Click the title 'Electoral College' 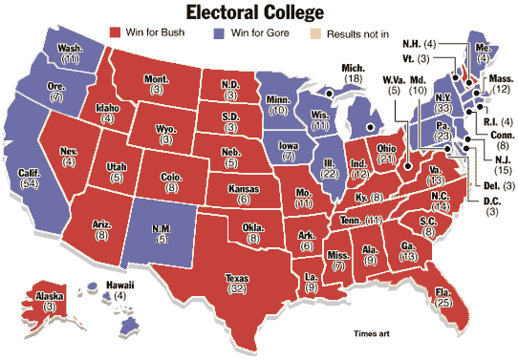pos(259,12)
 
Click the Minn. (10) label pos(278,104)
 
